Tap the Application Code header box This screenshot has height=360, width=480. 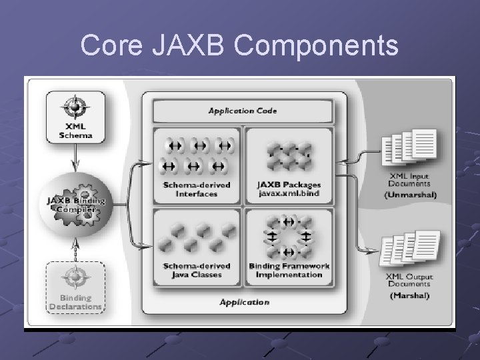pos(243,110)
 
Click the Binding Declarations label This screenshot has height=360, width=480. pos(75,302)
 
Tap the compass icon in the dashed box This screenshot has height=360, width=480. pos(75,276)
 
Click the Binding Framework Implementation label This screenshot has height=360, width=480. pos(289,269)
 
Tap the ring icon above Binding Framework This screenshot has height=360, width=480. pos(289,236)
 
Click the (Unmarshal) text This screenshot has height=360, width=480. pos(410,195)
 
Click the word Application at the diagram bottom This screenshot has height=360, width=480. pos(244,302)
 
